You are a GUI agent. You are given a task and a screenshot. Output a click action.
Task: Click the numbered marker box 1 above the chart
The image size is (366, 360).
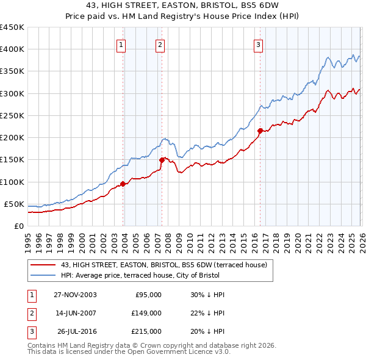[x=121, y=45]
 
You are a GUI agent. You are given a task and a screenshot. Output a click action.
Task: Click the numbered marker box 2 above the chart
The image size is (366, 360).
[x=160, y=45]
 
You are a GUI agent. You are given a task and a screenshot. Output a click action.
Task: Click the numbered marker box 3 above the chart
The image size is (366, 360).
[x=258, y=45]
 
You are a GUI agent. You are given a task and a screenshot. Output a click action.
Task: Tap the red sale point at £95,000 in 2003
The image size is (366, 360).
[x=123, y=184]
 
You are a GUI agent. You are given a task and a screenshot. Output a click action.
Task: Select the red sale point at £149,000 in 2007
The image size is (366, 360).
[x=162, y=160]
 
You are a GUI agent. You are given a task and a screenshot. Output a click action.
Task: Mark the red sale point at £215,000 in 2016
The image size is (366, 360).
[x=260, y=131]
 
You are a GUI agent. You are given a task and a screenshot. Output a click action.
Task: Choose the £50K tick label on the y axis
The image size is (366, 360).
[x=15, y=204]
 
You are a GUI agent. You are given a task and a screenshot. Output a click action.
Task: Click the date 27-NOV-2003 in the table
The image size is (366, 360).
[x=75, y=295]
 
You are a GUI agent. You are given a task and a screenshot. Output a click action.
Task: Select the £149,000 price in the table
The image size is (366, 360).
[x=146, y=313]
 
